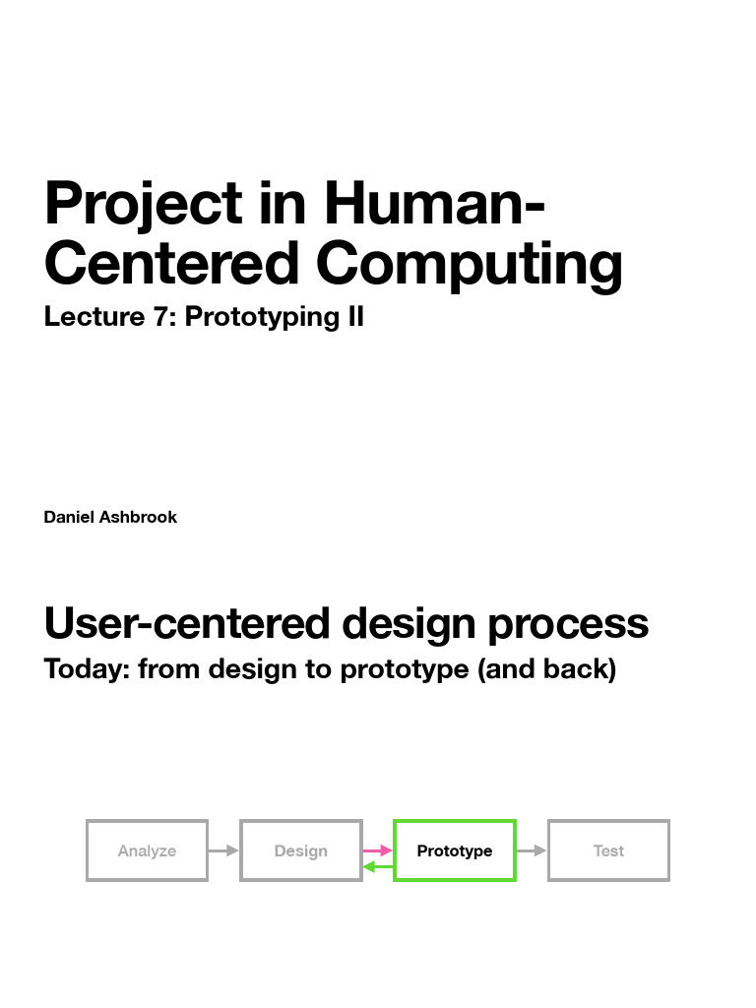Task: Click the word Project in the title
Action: [143, 205]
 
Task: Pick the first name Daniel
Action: [69, 517]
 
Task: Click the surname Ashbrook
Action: [138, 517]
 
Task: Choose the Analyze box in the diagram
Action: [147, 850]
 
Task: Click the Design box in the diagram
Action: [300, 850]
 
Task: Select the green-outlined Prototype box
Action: [454, 850]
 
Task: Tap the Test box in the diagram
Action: [608, 850]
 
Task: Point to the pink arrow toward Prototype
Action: [377, 850]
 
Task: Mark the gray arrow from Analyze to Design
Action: [223, 850]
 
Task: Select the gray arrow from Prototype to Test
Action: [532, 850]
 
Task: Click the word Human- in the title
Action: [434, 205]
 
